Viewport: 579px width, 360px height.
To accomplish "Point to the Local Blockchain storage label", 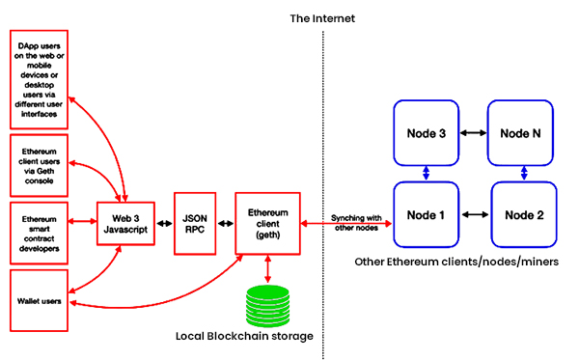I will click(x=244, y=336).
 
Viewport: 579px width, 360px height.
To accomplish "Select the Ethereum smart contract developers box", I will click(x=38, y=233).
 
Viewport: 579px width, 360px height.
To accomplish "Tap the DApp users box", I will click(x=38, y=80).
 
